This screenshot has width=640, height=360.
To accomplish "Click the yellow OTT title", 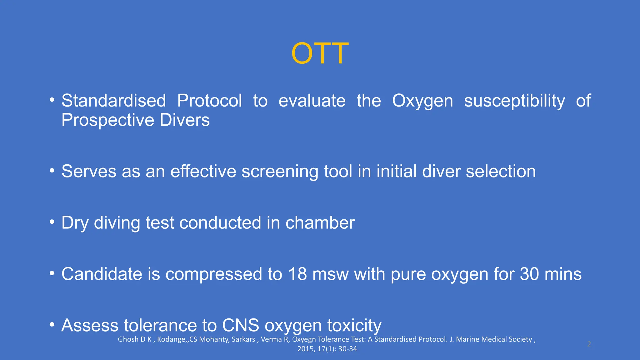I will (x=320, y=54).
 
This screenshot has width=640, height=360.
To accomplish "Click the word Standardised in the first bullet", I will (x=113, y=101).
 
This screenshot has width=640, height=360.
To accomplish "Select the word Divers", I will (x=184, y=120).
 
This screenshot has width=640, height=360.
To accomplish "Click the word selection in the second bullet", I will (x=501, y=172).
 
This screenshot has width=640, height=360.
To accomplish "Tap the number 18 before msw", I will (x=297, y=274).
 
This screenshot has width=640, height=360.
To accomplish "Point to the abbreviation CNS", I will (x=240, y=325).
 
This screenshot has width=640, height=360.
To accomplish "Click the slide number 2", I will (x=589, y=344).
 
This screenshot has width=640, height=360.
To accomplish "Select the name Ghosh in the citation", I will (x=128, y=339).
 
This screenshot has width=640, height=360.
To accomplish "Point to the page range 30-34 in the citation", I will (x=347, y=349).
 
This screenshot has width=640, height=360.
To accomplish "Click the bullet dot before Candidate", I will (x=52, y=273).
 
